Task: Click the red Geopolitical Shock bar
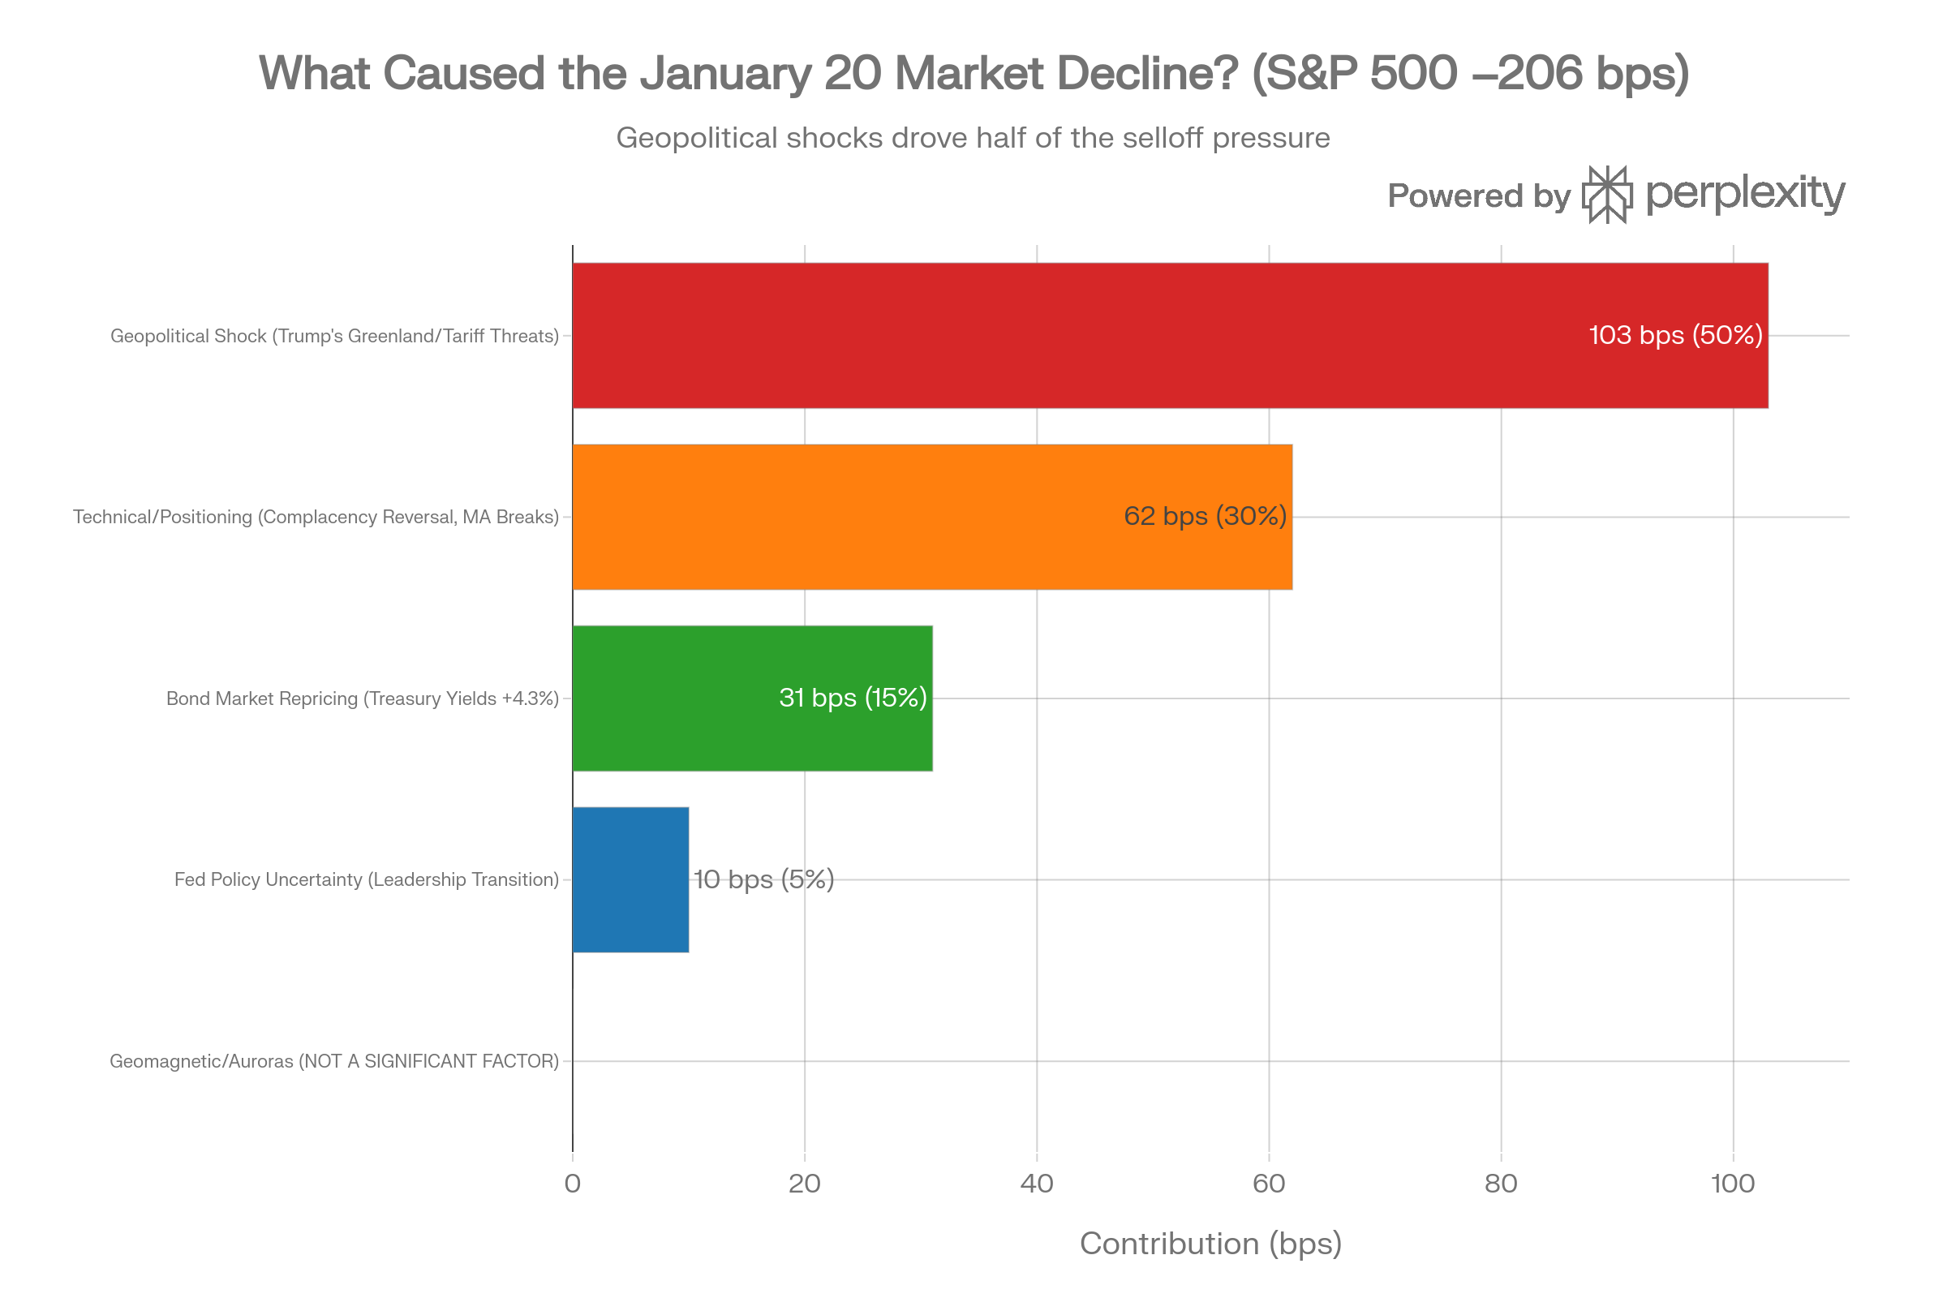pos(1077,335)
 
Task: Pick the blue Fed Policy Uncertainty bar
pos(631,879)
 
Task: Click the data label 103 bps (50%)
pos(1675,335)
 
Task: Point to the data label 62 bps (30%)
pos(1205,517)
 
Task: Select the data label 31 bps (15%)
pos(853,698)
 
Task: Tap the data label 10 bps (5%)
pos(763,879)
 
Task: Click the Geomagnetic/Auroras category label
pos(334,1061)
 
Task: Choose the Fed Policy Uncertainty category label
pos(367,879)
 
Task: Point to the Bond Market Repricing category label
pos(363,698)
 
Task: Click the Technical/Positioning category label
pos(316,518)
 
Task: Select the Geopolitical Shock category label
pos(334,336)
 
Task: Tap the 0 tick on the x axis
pos(572,1184)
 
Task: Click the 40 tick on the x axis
pos(1037,1184)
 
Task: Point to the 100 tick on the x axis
pos(1733,1184)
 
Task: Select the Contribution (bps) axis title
pos(1210,1244)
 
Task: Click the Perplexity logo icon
pos(1608,195)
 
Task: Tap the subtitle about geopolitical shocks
pos(973,137)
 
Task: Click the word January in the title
pos(727,73)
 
